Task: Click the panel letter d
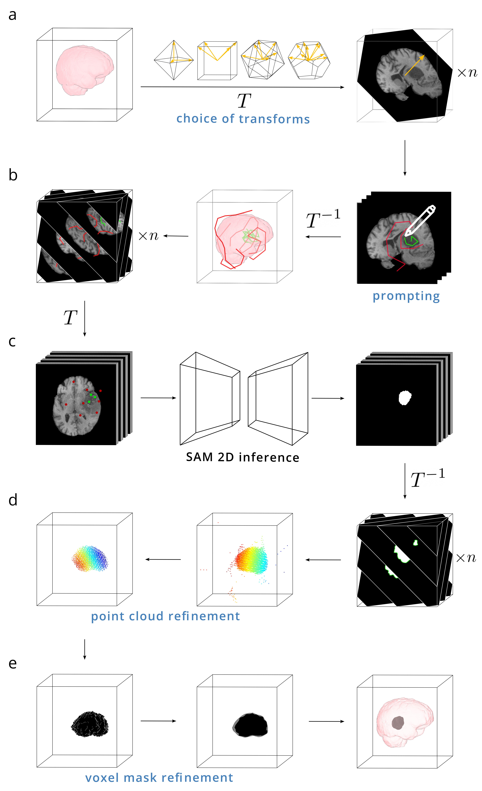[13, 500]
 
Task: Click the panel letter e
[13, 663]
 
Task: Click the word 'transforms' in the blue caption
[274, 119]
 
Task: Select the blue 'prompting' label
[406, 296]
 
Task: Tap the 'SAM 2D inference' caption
[242, 457]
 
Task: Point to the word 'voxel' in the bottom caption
[102, 778]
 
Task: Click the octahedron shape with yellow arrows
[174, 60]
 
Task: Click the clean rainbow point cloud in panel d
[90, 559]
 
